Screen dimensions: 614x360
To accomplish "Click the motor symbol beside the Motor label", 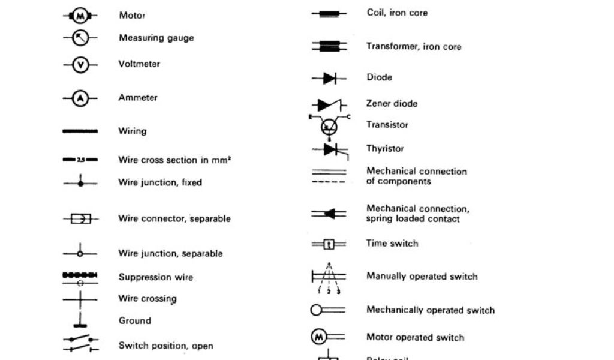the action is [80, 16].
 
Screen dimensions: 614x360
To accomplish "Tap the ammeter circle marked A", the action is [80, 98].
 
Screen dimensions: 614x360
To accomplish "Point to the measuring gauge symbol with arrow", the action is [80, 38].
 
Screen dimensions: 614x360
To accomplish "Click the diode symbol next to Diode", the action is [329, 78].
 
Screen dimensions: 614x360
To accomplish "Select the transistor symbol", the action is [329, 125].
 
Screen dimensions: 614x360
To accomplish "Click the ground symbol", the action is [80, 320].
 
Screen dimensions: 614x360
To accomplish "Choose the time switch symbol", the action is [329, 244].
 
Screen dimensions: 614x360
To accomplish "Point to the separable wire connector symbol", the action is [80, 219].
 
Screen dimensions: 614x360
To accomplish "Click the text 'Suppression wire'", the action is [155, 277].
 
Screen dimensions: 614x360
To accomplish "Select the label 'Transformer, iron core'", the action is [414, 47].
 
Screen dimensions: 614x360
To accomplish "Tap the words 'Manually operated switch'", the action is [422, 277].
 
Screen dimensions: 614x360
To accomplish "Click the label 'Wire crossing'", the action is [147, 298].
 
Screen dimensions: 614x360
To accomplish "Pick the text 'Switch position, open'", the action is [165, 346].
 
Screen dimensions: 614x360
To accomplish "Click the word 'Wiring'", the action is [132, 131].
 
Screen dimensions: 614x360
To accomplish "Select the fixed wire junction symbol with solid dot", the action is [80, 183].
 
